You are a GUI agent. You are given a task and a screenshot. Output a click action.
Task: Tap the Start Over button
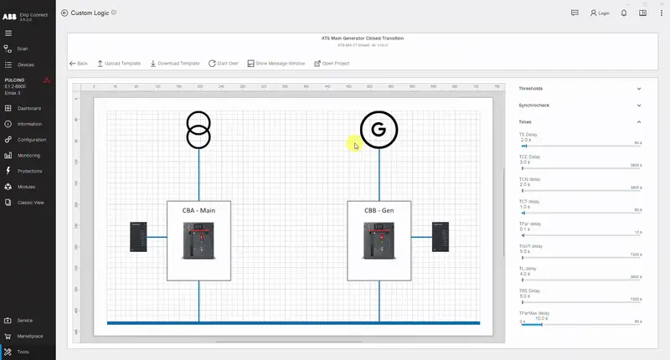pos(224,64)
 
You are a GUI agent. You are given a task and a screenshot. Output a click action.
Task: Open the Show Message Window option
pos(276,64)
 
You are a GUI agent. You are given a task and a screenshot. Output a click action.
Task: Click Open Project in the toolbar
pos(332,64)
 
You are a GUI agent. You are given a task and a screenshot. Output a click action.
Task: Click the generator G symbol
pos(379,129)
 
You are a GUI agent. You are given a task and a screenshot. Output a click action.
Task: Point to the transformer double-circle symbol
pos(198,130)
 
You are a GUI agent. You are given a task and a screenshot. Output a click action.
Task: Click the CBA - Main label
pos(198,210)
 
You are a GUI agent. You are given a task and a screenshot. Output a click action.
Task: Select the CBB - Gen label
pos(379,210)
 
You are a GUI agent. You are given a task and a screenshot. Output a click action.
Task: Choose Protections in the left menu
pos(29,171)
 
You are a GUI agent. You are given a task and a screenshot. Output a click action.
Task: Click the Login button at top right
pos(600,13)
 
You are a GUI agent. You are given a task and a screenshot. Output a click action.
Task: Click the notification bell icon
pos(623,13)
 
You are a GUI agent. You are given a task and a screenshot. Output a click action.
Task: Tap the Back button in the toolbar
pos(79,64)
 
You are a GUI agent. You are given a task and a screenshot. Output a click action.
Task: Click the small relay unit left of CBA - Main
pos(139,237)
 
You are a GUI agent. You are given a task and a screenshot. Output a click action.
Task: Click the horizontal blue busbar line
pos(293,322)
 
